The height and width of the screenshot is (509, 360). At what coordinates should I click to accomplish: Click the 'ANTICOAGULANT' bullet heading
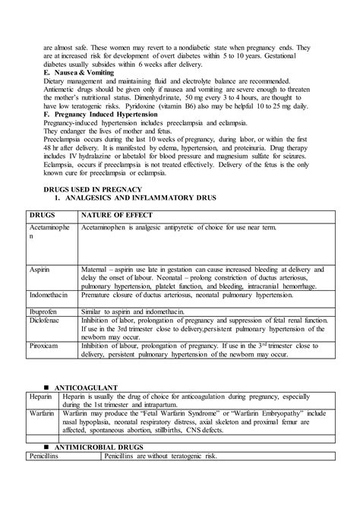pos(84,408)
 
